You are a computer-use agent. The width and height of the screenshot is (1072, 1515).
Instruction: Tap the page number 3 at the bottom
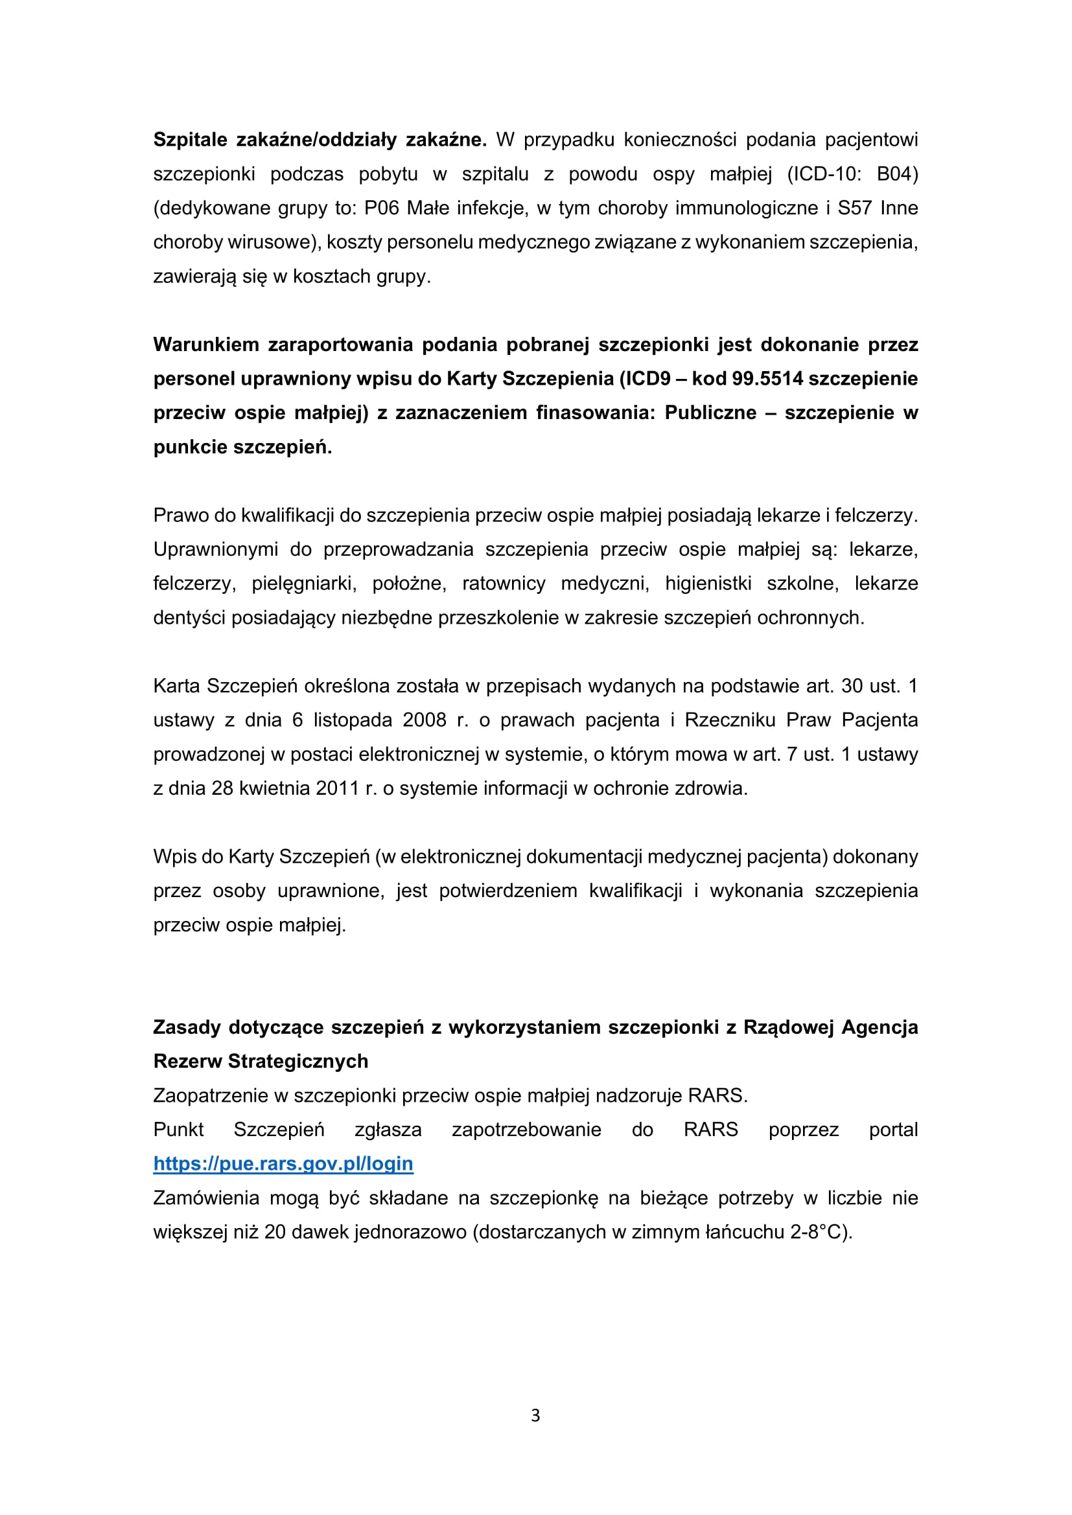coord(535,1415)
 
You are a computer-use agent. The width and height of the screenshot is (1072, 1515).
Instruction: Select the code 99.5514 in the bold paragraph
coord(767,378)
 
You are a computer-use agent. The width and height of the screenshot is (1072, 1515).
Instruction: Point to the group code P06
coord(382,208)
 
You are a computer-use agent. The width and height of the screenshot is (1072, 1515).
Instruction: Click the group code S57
coord(854,208)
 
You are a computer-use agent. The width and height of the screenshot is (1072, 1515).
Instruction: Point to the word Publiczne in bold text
coord(710,413)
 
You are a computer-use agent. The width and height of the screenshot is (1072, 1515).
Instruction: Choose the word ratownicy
coord(504,584)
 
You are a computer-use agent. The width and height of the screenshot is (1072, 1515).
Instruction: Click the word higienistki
coord(708,584)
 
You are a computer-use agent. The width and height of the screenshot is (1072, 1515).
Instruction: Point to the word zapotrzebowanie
coord(526,1129)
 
